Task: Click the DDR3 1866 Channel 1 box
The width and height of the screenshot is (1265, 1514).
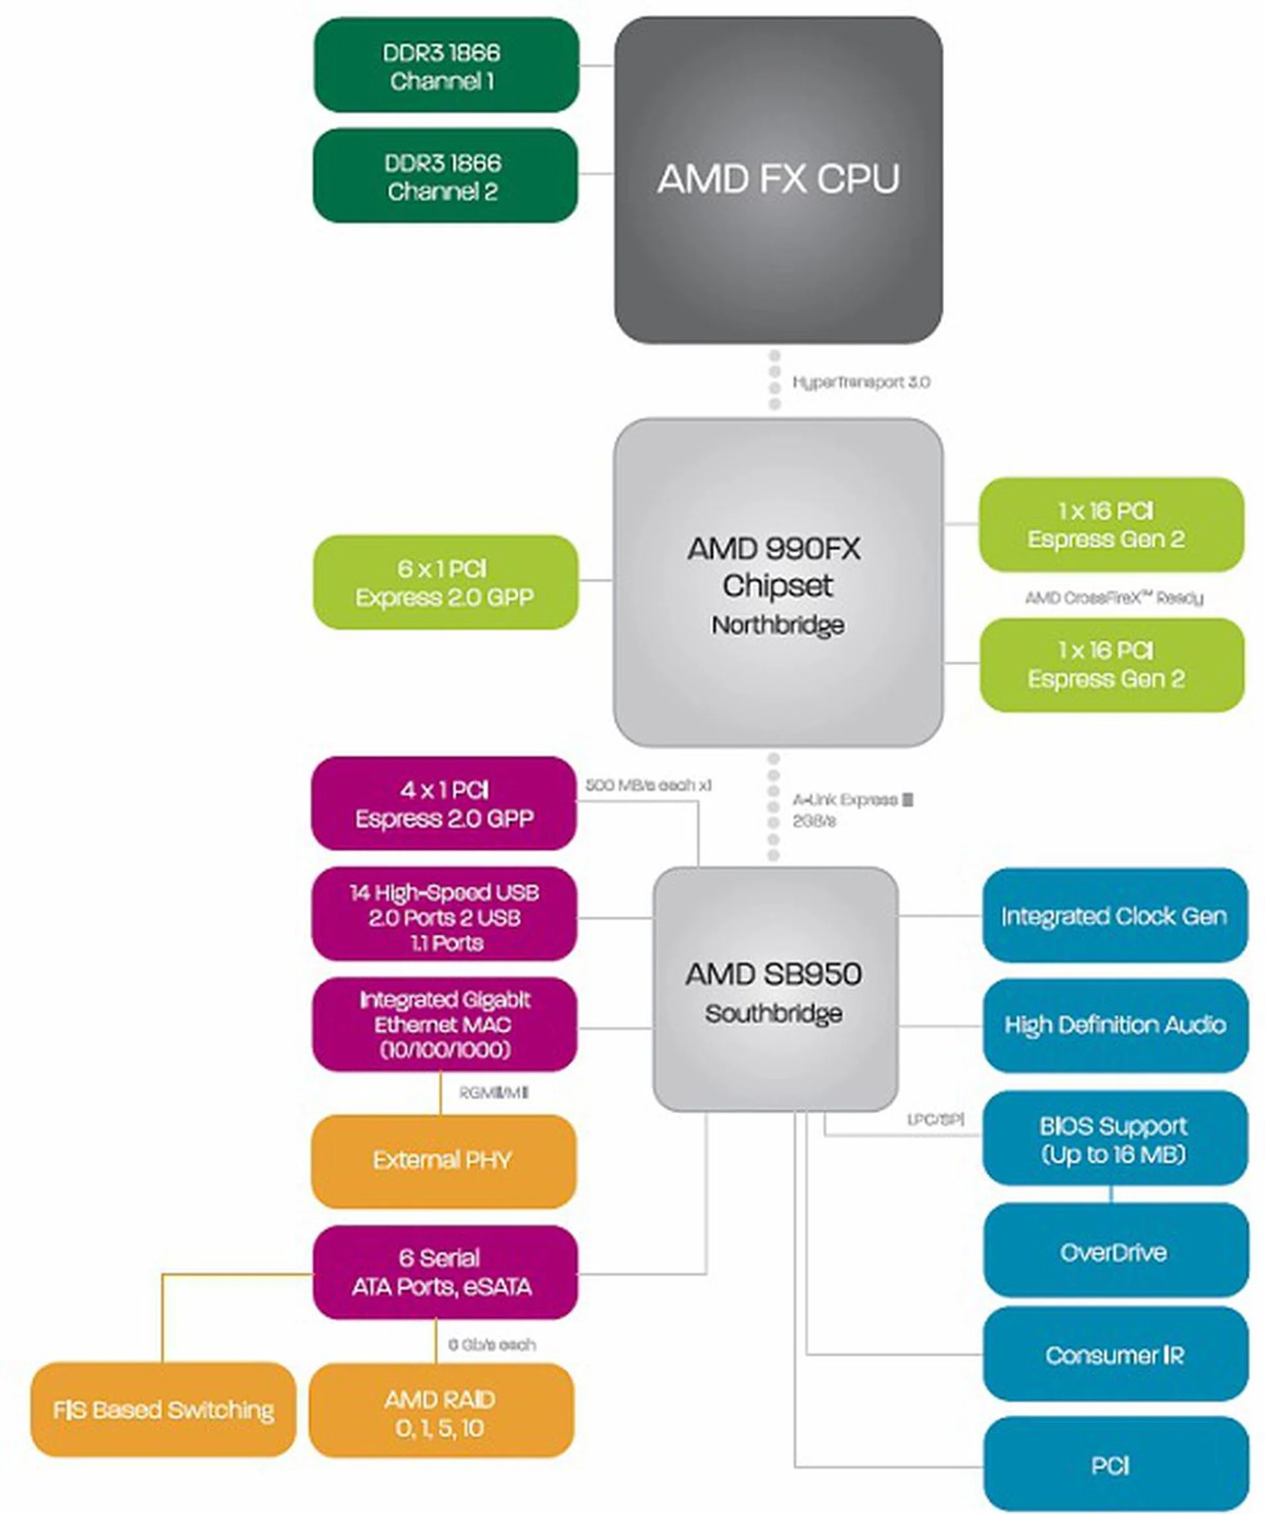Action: coord(445,66)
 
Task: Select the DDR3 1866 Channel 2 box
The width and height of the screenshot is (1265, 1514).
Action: coord(445,176)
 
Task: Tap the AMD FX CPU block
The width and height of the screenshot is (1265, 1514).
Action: coord(778,180)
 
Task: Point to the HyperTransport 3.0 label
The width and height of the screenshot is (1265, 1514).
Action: coord(861,382)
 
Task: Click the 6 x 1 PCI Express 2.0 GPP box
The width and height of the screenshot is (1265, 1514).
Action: coord(445,583)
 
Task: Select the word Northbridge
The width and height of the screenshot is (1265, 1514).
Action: coord(777,625)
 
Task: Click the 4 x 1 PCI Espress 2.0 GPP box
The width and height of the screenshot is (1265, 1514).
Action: coord(443,804)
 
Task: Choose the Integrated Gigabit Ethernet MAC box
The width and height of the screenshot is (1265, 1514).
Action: coord(444,1025)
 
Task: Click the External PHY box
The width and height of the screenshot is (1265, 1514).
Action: coord(443,1160)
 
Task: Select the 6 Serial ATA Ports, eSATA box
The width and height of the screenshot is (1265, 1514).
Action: coord(444,1272)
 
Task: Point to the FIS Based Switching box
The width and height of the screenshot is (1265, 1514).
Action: coord(163,1409)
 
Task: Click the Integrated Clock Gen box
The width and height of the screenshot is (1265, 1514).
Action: coord(1115,915)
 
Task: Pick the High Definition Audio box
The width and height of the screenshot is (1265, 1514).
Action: coord(1115,1025)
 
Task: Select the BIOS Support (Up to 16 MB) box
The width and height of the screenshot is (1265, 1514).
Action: coord(1115,1139)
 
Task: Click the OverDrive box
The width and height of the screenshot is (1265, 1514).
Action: coord(1115,1253)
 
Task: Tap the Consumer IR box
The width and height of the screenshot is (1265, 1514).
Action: coord(1115,1355)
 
